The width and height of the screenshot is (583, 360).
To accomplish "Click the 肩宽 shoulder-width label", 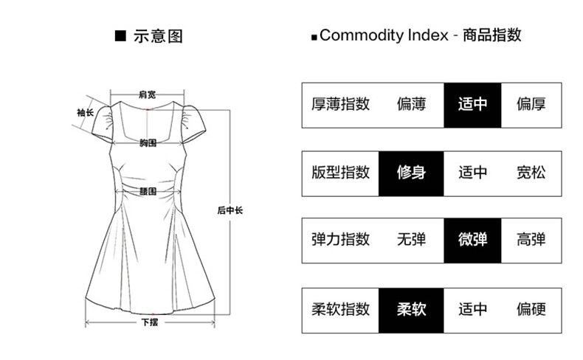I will point(147,94).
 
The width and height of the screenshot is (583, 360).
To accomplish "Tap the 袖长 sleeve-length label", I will point(85,113).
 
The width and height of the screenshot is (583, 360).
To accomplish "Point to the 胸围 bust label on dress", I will point(148,143).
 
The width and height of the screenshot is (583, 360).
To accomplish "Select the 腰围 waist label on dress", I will point(148,191).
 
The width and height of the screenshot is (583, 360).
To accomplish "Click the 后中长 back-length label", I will point(230,210).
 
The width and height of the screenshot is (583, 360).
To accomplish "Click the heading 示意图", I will point(157,35).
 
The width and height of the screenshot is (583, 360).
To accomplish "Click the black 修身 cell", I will point(411,173).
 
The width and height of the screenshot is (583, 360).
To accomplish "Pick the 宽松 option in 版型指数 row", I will point(531,173).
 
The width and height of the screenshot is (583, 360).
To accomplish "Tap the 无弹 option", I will point(411,240).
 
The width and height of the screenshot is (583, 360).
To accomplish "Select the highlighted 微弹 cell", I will point(472,240).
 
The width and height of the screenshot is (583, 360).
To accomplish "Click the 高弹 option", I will point(531,240).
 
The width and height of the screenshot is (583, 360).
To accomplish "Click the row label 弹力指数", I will point(340,240).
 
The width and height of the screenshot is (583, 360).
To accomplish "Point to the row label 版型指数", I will point(340,173).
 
